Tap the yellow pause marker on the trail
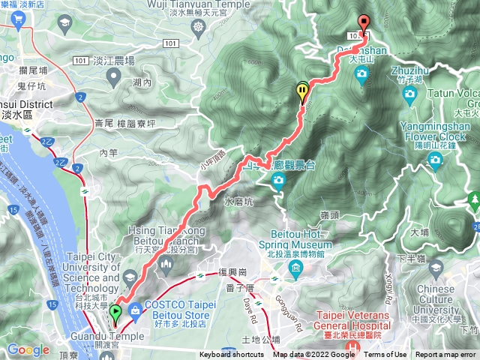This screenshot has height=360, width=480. [302, 91]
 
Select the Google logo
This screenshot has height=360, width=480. [28, 349]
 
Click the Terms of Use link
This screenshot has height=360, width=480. [385, 355]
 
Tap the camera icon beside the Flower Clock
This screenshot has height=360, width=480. [435, 160]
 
